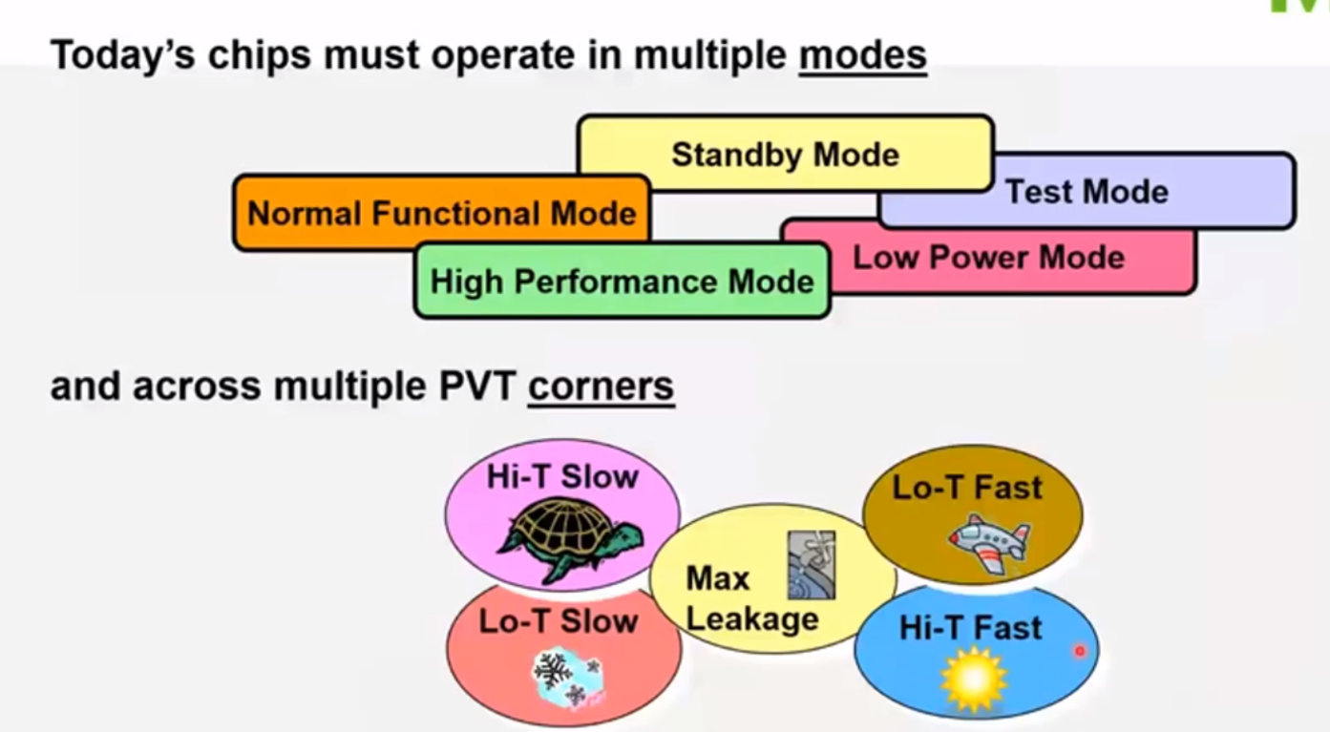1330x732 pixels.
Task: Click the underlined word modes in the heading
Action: coord(862,55)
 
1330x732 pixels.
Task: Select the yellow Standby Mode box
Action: coord(785,155)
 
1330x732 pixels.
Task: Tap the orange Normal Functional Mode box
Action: coord(441,213)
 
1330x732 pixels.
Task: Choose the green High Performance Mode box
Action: coord(622,282)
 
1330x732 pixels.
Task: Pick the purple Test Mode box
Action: coord(1087,192)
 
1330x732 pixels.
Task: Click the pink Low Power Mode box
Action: coord(988,258)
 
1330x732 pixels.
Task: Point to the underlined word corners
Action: coord(601,387)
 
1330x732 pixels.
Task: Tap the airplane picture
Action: coord(988,540)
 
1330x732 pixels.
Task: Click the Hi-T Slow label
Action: coord(562,476)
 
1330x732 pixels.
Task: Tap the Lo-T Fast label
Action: coord(967,488)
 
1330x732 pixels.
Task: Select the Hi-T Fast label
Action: coord(970,628)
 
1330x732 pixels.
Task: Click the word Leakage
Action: coord(752,618)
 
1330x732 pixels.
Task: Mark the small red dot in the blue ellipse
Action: coord(1080,651)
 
